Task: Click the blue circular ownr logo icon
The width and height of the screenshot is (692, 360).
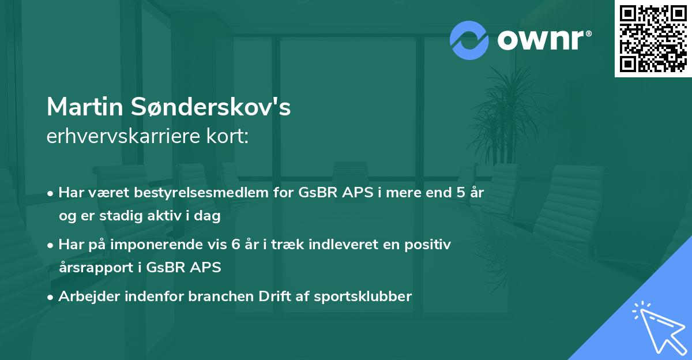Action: click(469, 39)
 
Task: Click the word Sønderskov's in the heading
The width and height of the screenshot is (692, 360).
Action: click(212, 107)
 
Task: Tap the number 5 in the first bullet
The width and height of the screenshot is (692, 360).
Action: click(461, 193)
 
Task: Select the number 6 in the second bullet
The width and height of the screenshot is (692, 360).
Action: click(236, 245)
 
